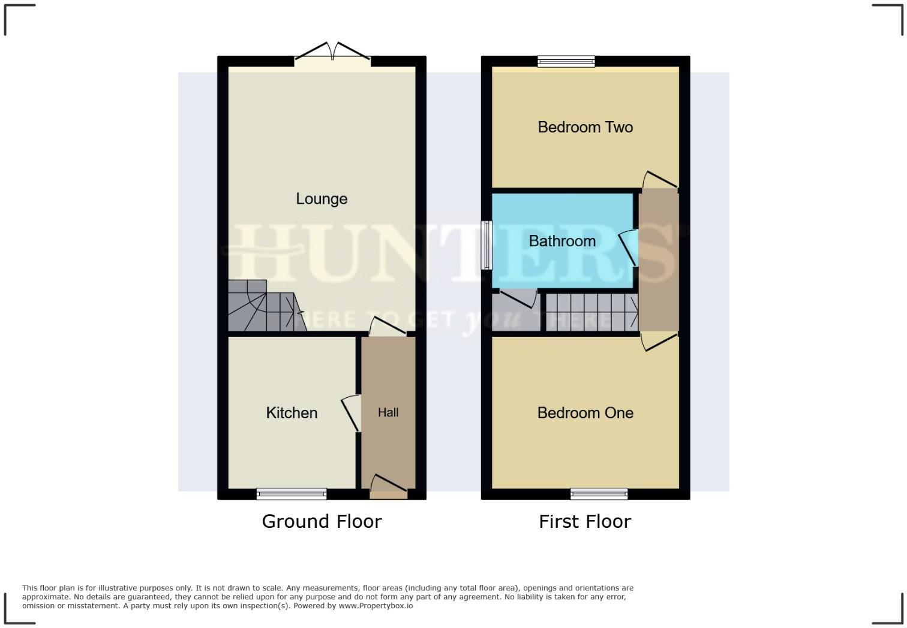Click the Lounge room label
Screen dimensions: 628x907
coord(322,199)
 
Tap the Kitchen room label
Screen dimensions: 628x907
coord(292,413)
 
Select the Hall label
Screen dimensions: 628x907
coord(388,412)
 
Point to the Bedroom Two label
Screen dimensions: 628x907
coord(585,127)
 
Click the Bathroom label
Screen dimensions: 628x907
coord(562,241)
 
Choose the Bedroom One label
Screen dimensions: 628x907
coord(585,413)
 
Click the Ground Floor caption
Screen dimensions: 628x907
coord(322,521)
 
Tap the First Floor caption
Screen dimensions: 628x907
coord(585,521)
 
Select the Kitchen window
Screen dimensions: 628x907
coord(292,494)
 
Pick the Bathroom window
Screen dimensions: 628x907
coord(487,246)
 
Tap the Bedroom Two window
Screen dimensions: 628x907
coord(566,61)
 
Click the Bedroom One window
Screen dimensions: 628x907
coord(599,494)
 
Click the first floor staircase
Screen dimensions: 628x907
coord(591,312)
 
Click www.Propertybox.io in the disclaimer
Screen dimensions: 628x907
coord(376,606)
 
